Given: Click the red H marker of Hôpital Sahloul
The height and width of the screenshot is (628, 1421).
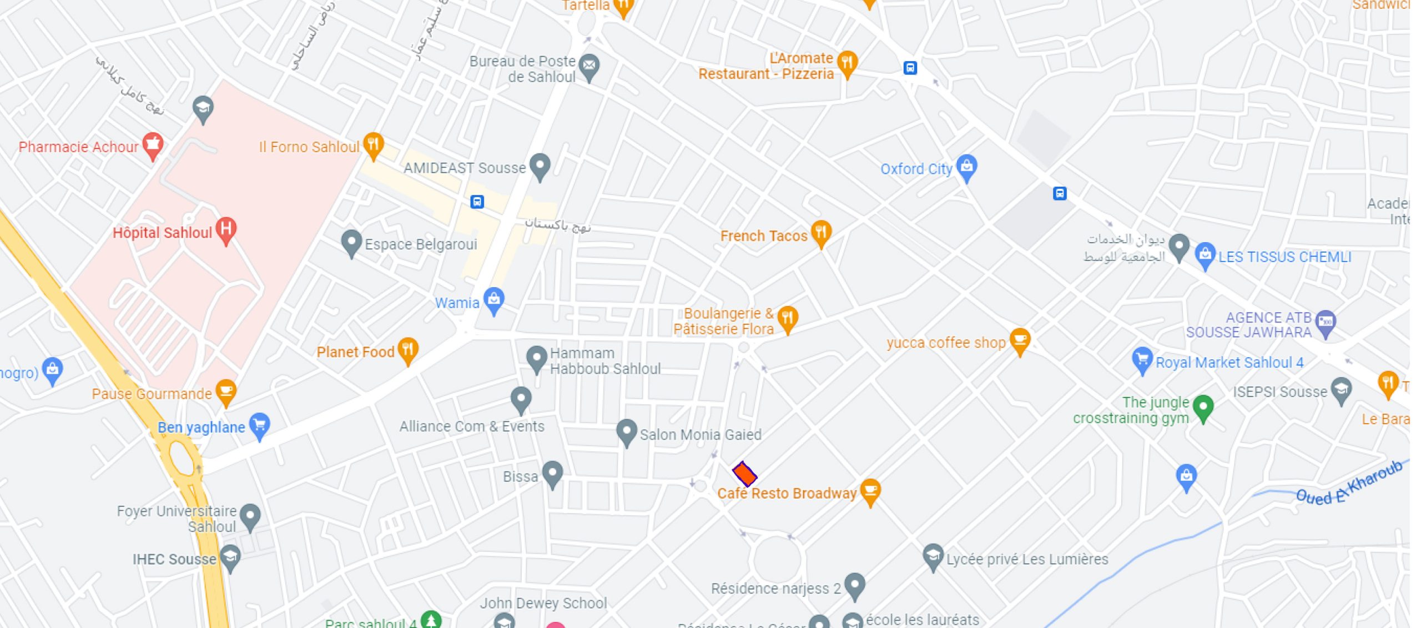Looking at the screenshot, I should coord(226,229).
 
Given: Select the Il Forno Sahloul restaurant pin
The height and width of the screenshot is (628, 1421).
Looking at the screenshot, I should coord(374,144).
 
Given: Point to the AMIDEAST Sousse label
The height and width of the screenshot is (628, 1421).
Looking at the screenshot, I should coord(464,168).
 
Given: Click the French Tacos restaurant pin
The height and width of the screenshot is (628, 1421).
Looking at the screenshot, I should coord(821,232).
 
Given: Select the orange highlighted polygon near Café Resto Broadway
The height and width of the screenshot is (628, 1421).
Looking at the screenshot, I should coord(744,474).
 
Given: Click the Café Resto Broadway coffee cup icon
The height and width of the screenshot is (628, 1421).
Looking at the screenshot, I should coord(870,490).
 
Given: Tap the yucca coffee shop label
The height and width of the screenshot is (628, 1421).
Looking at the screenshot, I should coord(946,343).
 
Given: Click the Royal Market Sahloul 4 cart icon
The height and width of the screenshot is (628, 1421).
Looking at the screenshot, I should coord(1142,360).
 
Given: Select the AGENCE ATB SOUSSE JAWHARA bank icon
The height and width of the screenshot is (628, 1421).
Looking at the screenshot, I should coord(1326,321).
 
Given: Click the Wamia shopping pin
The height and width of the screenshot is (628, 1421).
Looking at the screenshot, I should coord(493,300).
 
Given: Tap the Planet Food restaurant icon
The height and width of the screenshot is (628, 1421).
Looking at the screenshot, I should coord(408,350).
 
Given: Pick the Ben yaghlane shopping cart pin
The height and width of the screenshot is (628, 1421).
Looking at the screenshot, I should coord(259,425).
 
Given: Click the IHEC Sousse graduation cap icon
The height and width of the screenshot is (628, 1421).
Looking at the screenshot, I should coord(230,557).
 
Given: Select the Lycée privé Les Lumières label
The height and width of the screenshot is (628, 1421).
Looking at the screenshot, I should coord(1027,559).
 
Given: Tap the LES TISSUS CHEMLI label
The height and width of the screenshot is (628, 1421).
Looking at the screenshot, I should coord(1284,257).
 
